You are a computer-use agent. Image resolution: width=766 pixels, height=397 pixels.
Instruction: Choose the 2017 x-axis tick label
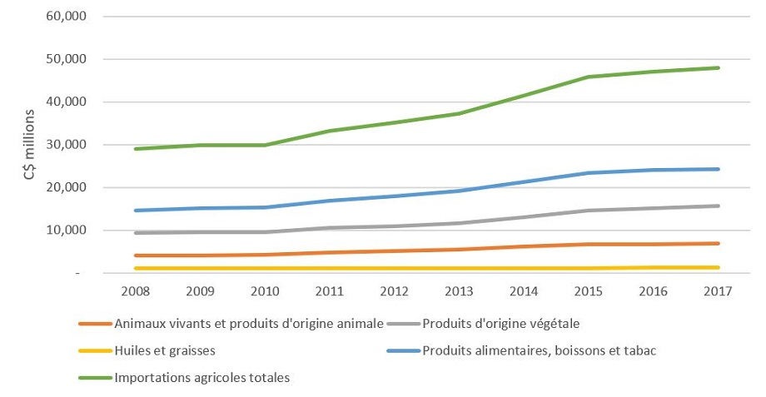[719, 290]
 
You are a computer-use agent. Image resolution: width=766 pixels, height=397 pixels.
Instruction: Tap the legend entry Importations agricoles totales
[202, 377]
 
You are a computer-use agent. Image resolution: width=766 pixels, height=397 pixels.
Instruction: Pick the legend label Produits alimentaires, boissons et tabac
[540, 350]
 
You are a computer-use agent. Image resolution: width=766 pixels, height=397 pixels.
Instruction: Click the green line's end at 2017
[719, 68]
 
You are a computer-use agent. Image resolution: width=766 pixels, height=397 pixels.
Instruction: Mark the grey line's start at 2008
[137, 233]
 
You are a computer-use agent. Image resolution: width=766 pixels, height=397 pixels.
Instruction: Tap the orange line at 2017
[719, 243]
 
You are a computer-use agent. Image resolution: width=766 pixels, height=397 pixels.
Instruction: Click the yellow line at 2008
[137, 268]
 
